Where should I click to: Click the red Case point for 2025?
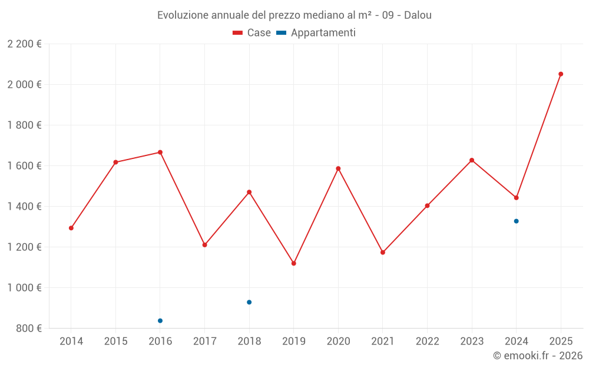tap(561, 74)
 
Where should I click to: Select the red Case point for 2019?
tap(294, 263)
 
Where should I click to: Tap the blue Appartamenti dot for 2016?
tap(160, 321)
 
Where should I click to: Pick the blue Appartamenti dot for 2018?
tap(249, 302)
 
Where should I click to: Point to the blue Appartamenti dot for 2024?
tap(517, 221)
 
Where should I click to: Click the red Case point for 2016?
tap(160, 152)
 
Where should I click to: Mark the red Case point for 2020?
tap(338, 168)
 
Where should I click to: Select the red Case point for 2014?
tap(71, 228)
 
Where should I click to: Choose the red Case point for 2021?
tap(383, 253)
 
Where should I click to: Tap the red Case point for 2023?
tap(472, 160)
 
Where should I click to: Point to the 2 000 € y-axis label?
tap(25, 84)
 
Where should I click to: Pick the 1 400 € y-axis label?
tap(25, 206)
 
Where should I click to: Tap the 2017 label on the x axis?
tap(204, 342)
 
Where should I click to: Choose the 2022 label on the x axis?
tap(427, 342)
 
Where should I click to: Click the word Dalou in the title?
tap(418, 15)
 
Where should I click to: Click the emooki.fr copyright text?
tap(538, 356)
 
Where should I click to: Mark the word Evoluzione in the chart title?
tap(180, 15)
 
